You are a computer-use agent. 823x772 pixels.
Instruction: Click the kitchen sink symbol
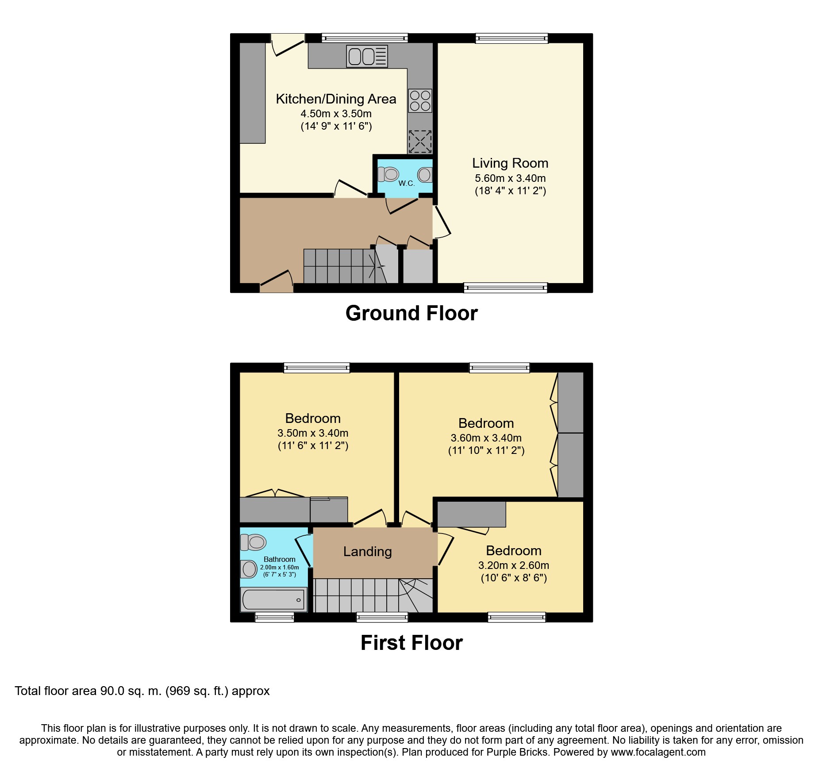click(x=367, y=56)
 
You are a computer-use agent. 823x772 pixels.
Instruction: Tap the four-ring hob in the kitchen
click(x=420, y=101)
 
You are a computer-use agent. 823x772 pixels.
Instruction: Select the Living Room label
click(x=510, y=163)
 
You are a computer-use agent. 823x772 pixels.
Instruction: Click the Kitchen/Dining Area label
click(x=336, y=99)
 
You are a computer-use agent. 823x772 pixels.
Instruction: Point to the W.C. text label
click(x=406, y=183)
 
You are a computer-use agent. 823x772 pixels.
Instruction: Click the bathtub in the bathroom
click(x=273, y=599)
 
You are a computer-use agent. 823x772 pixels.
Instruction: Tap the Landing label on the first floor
click(x=367, y=551)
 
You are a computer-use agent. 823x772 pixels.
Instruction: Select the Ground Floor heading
click(x=411, y=313)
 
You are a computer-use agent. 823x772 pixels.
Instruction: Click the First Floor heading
click(x=411, y=643)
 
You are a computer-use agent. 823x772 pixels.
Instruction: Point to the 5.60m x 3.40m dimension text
click(x=510, y=178)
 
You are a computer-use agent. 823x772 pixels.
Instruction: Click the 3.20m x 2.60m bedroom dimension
click(x=513, y=565)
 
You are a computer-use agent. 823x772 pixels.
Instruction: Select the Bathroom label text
click(x=279, y=559)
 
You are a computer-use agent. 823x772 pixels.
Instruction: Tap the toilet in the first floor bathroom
click(x=253, y=542)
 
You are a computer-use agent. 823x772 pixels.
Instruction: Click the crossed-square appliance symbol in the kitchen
click(x=419, y=142)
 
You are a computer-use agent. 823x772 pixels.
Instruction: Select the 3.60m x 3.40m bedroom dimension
click(x=486, y=438)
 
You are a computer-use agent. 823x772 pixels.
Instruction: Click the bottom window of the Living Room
click(x=505, y=288)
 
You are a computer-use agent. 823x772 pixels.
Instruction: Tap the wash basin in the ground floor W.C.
click(x=424, y=175)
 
